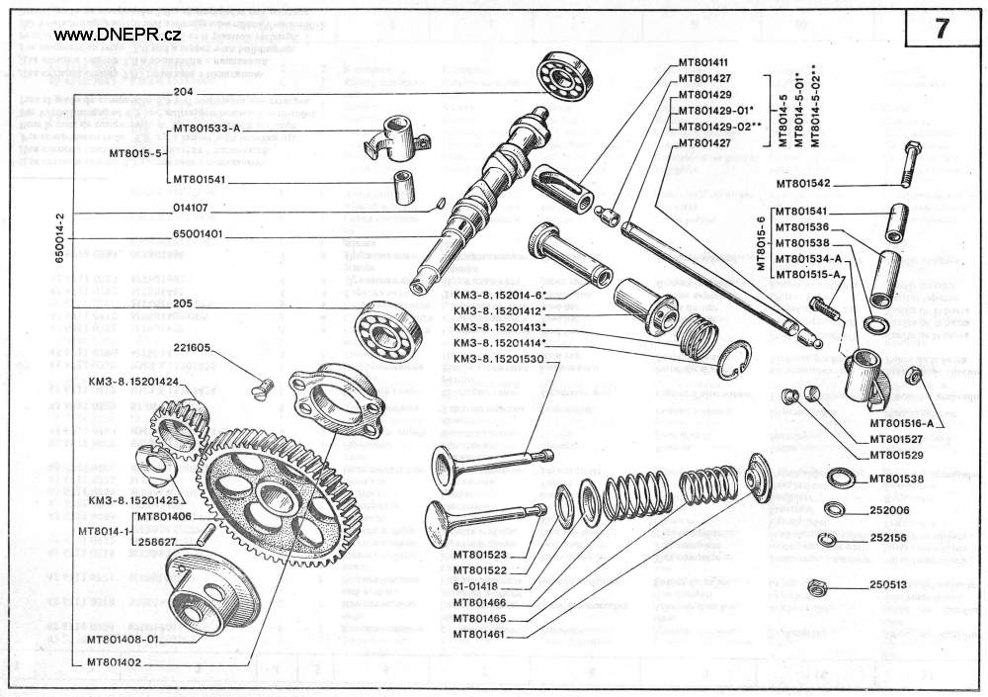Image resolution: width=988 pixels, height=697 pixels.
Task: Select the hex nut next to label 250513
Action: [x=816, y=584]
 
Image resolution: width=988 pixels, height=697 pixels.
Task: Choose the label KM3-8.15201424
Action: [x=133, y=382]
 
